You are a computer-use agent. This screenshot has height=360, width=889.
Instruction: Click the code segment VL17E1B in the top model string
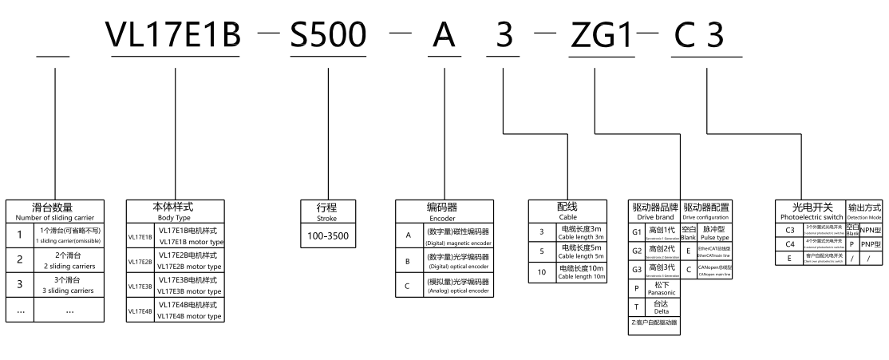click(173, 34)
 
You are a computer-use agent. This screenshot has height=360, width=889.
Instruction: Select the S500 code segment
click(327, 34)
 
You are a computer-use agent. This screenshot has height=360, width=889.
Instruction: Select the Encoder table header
click(442, 212)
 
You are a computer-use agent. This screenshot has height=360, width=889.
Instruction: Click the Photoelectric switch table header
click(809, 212)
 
